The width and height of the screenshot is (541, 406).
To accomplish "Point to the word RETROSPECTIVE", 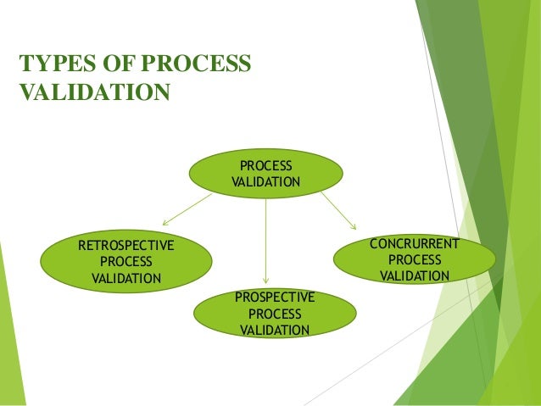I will [125, 246].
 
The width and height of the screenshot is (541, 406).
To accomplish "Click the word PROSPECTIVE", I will [275, 297].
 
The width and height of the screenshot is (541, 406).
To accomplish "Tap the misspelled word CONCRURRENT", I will [415, 244].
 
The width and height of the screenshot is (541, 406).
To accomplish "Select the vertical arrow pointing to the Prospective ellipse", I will [266, 241].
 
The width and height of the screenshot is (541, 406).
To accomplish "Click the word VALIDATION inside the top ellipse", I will [265, 182].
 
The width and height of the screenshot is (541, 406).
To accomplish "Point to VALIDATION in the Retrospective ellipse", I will [125, 278].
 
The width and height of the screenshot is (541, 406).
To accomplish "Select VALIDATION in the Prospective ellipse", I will [275, 330].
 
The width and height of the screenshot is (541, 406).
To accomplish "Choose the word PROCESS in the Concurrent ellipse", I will [415, 260].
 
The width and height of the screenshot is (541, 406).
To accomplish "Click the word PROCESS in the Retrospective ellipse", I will [125, 262].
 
